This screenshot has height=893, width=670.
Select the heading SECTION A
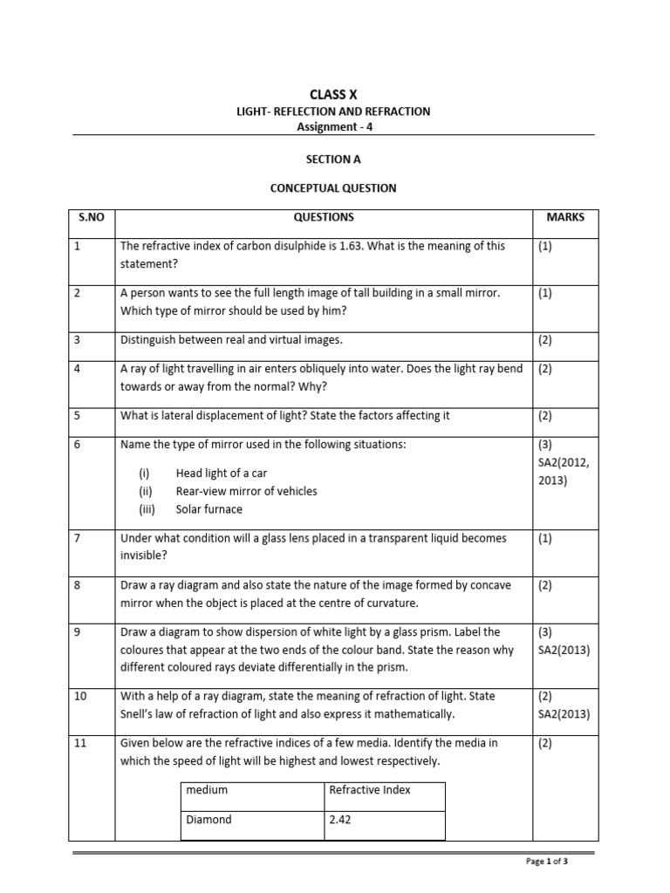coord(332,160)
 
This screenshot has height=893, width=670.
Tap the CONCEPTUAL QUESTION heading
coord(332,187)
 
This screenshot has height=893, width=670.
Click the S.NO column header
coord(92,217)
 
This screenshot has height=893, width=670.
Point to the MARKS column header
coord(565,217)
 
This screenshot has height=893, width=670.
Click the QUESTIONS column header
coord(324,217)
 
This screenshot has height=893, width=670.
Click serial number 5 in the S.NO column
coord(78,416)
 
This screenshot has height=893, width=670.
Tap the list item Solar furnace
coord(209,509)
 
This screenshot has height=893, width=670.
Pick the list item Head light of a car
coord(222,473)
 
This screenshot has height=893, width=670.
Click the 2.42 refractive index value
coord(338,820)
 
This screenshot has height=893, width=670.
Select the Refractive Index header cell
coord(370,789)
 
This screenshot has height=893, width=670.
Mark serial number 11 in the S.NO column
coord(80,744)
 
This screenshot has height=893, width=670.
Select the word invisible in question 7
coord(141,556)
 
